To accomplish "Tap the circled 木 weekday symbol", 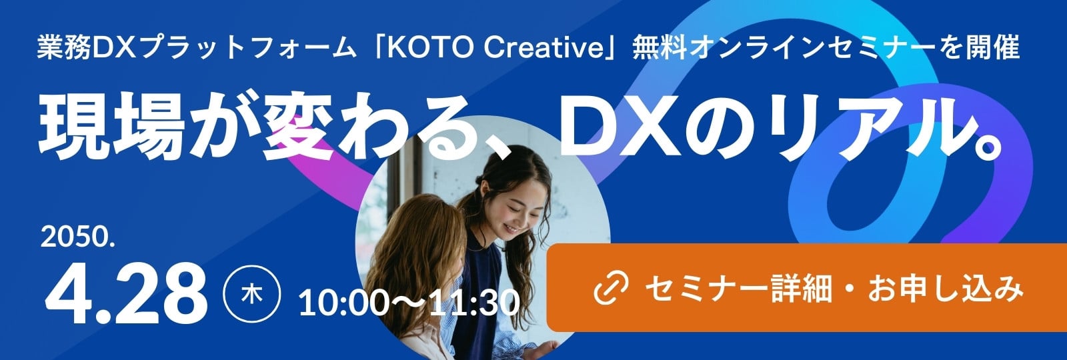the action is [x=252, y=294].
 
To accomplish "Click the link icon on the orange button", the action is [x=611, y=288].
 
